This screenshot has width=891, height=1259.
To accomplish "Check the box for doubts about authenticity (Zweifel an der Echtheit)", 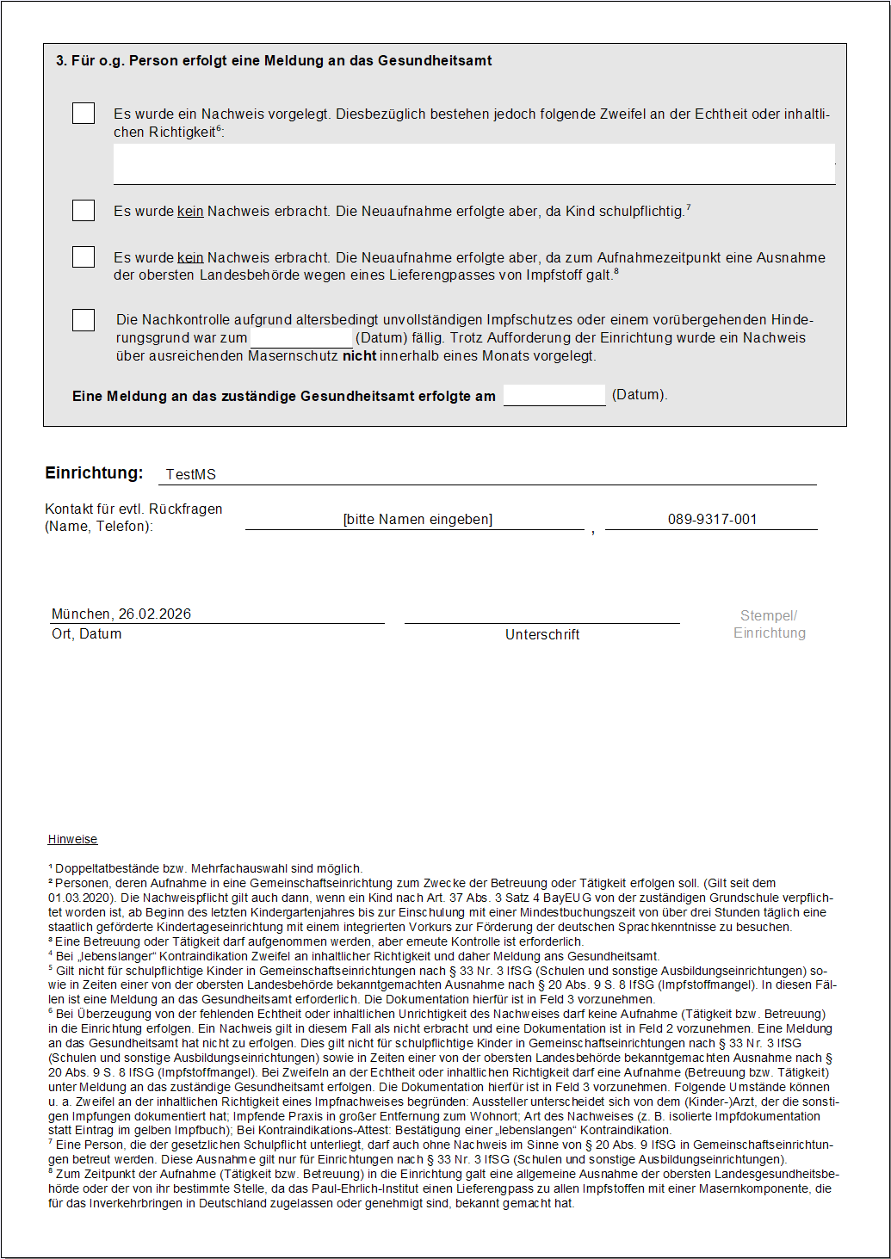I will pyautogui.click(x=84, y=114).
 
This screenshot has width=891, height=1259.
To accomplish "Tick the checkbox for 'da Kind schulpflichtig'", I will pyautogui.click(x=84, y=211).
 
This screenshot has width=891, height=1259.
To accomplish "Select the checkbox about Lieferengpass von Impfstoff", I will pyautogui.click(x=84, y=257).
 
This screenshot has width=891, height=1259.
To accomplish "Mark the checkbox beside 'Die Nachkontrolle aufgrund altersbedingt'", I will pyautogui.click(x=84, y=320).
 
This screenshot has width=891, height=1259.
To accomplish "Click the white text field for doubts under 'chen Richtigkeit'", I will pyautogui.click(x=473, y=164).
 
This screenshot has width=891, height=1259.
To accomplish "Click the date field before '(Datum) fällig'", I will pyautogui.click(x=301, y=338).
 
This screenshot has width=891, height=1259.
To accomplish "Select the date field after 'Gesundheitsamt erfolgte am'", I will pyautogui.click(x=554, y=395).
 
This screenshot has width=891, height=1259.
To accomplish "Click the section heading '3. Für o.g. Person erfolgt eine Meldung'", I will pyautogui.click(x=274, y=61).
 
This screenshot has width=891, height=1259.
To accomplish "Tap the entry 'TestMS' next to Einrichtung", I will pyautogui.click(x=191, y=475).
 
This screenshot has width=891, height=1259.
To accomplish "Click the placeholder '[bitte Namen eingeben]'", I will pyautogui.click(x=418, y=520).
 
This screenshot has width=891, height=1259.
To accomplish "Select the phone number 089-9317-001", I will pyautogui.click(x=712, y=520).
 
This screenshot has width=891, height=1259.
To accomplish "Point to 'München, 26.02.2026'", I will pyautogui.click(x=121, y=614).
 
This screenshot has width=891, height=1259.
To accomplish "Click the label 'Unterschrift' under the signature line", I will pyautogui.click(x=542, y=635).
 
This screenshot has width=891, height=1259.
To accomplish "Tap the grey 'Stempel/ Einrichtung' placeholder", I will pyautogui.click(x=770, y=625).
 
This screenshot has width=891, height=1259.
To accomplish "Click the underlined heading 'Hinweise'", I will pyautogui.click(x=73, y=840).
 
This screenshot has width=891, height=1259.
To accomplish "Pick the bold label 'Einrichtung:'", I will pyautogui.click(x=94, y=473).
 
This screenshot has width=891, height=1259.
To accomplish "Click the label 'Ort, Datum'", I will pyautogui.click(x=87, y=634).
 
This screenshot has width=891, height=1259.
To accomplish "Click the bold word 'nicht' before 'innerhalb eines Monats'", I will pyautogui.click(x=359, y=356).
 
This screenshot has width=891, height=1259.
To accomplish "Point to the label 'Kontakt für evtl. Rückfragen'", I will pyautogui.click(x=133, y=509).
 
